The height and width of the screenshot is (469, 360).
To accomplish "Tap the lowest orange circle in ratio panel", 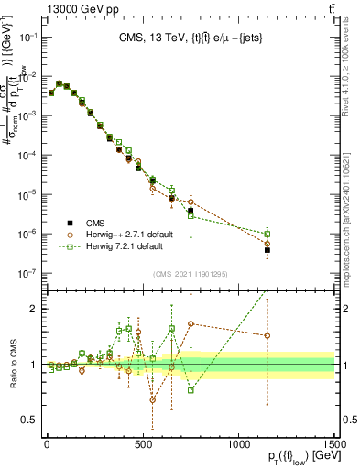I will click(x=153, y=400).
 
